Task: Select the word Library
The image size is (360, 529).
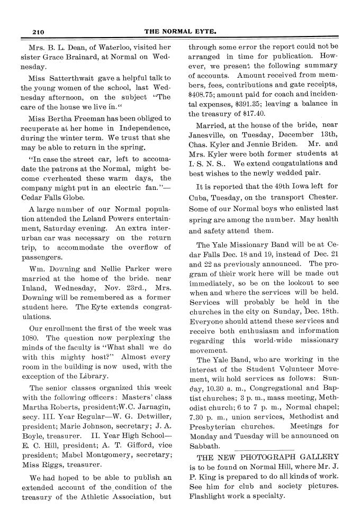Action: pyautogui.click(x=89, y=376)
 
